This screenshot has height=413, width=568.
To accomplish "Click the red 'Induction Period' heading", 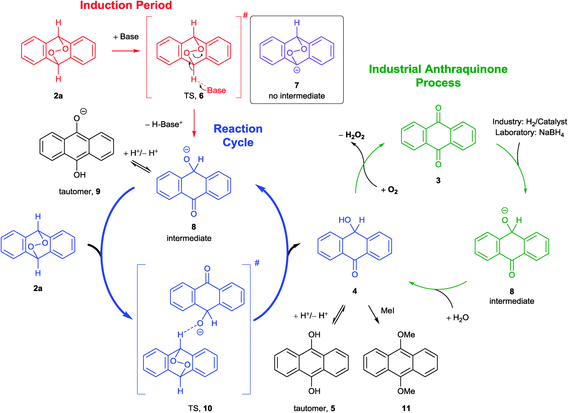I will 126,5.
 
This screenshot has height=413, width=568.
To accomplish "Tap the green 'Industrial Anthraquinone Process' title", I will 438,76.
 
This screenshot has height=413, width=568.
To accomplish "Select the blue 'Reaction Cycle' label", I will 238,135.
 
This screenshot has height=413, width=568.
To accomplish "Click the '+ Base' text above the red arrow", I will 126,37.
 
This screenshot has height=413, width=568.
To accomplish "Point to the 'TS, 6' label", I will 194,96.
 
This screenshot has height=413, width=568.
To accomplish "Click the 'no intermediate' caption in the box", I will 297,96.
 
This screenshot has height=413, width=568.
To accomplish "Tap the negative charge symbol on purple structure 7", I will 297,70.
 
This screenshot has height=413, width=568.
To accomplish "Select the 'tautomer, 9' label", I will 80,191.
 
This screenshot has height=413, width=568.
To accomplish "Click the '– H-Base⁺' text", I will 164,124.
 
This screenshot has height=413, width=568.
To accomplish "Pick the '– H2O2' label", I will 352,135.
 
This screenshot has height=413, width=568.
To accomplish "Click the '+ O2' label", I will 389,190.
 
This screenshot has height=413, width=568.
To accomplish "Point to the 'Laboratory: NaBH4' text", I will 529,133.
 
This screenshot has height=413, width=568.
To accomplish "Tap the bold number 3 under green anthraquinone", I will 438,180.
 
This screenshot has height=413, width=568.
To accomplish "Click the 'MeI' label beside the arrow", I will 388,311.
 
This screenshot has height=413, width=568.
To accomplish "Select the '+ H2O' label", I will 457,318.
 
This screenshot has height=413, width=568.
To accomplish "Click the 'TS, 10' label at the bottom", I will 200,408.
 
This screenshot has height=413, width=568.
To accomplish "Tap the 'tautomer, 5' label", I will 314,408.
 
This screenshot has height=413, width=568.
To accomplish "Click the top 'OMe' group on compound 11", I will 406,335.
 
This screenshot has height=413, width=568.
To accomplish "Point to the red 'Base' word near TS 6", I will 217,90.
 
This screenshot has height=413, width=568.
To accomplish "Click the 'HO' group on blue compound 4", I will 345,220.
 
